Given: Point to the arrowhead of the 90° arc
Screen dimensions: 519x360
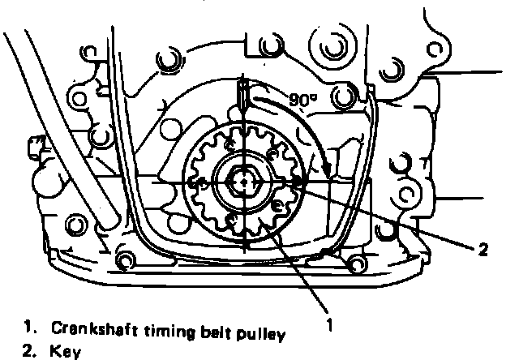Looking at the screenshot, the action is coord(326,174).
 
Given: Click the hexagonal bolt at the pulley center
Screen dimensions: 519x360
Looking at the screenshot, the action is coord(242,184).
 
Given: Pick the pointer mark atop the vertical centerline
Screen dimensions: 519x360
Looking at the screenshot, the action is coord(242,103).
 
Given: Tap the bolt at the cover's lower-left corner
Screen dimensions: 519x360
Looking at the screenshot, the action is coord(125,260).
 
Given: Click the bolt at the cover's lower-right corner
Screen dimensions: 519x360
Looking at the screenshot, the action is coord(357,262).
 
